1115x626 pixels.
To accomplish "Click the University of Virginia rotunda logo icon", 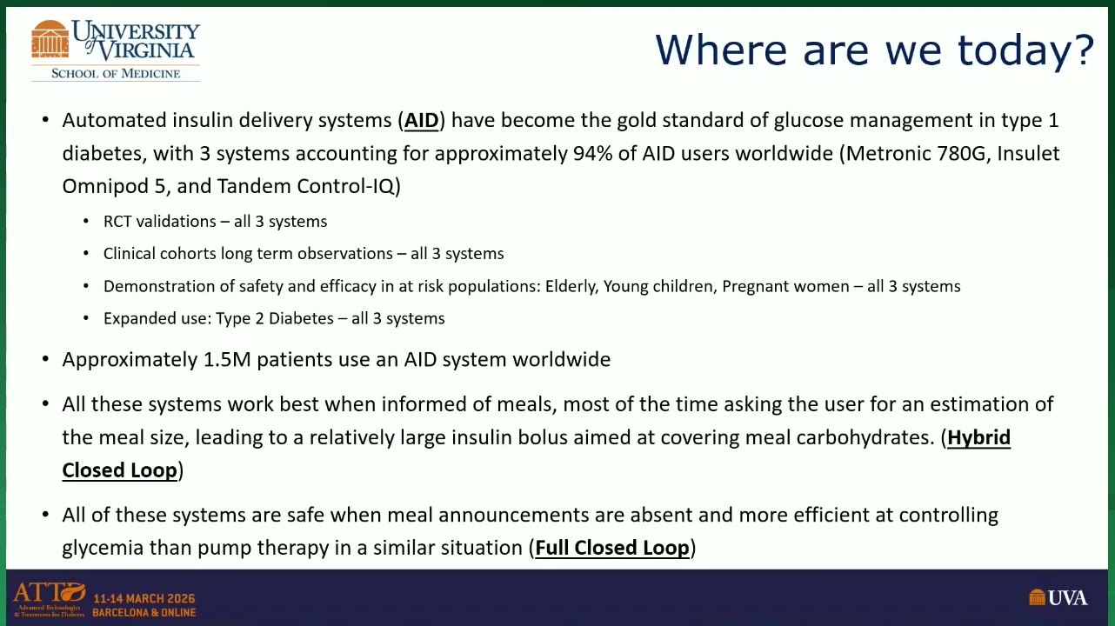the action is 50,39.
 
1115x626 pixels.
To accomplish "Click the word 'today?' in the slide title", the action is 1025,50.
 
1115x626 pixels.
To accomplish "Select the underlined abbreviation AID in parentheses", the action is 421,121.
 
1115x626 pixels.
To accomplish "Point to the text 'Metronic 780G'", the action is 915,153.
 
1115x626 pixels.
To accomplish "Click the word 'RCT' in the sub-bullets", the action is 117,221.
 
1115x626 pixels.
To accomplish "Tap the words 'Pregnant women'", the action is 785,286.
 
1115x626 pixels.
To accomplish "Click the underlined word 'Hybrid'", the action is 978,437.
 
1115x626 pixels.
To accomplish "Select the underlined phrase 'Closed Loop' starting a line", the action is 119,470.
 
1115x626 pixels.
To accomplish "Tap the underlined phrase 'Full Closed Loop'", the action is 612,548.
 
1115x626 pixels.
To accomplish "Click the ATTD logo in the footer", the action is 50,599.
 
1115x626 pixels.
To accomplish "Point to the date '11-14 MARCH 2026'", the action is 144,598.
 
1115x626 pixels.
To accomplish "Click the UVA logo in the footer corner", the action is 1058,597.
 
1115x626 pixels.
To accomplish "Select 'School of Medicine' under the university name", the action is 116,74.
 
